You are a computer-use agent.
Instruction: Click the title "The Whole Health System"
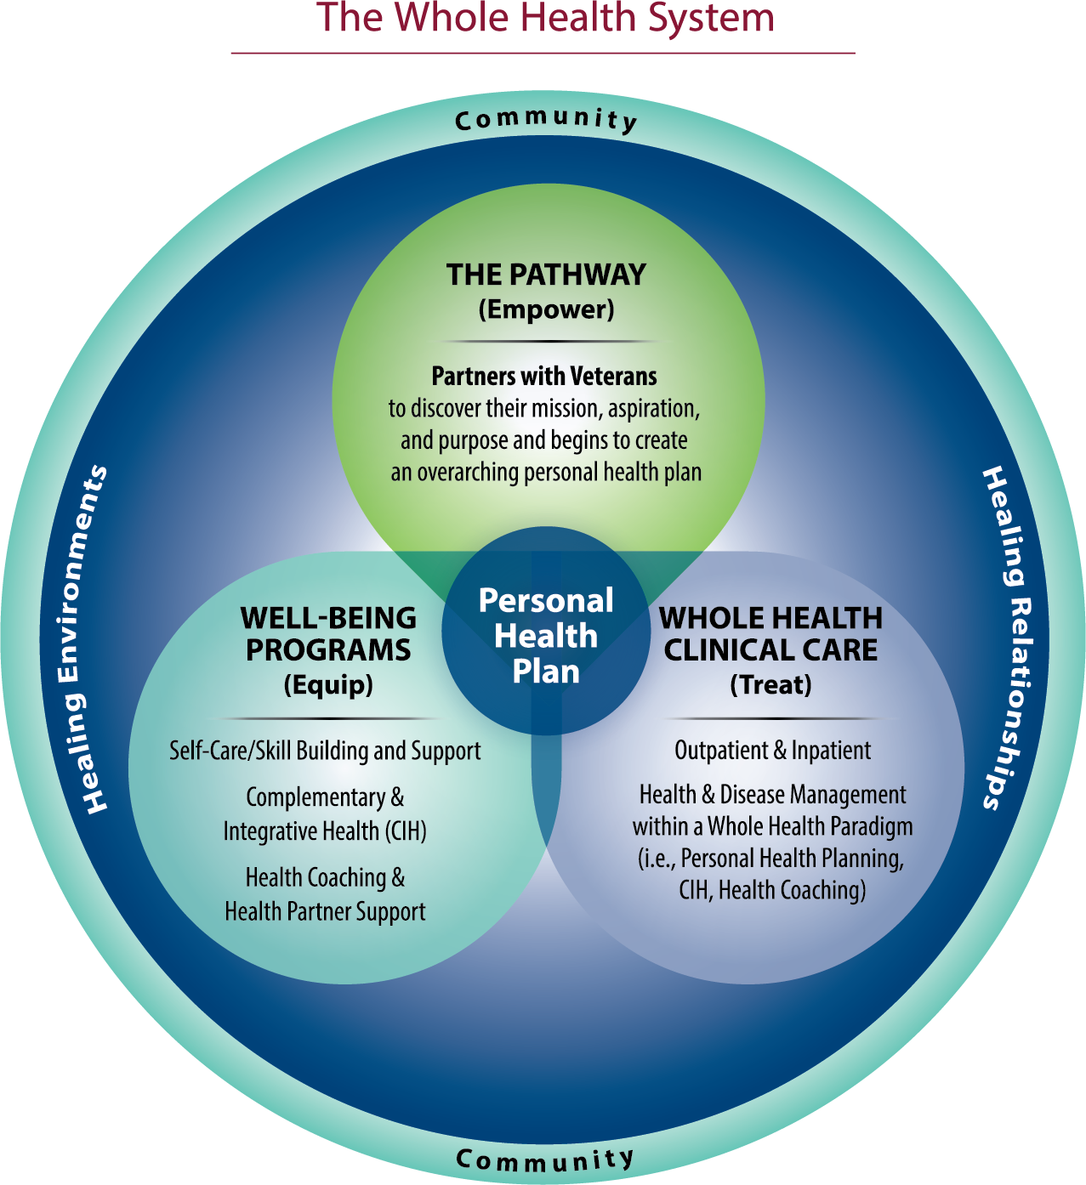coord(545,19)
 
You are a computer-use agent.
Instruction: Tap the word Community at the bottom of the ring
coord(545,1159)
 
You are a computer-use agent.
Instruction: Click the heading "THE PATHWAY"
coord(546,275)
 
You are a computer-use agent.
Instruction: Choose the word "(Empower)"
coord(546,309)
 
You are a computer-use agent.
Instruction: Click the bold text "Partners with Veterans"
coord(544,376)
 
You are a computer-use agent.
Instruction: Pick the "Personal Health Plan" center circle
coord(546,636)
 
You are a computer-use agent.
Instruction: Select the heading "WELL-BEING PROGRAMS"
coord(328,633)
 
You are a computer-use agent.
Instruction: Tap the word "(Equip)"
coord(328,685)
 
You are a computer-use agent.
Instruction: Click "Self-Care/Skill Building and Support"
coord(325,751)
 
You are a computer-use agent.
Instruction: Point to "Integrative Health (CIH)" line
coord(325,831)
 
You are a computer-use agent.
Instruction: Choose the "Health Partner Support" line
coord(325,911)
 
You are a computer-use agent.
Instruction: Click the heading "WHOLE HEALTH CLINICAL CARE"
coord(771,633)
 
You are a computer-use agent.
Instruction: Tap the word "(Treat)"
coord(771,685)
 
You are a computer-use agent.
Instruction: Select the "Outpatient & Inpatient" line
coord(772,751)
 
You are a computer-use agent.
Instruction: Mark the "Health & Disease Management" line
coord(772,795)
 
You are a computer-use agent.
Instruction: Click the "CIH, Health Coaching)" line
coord(772,890)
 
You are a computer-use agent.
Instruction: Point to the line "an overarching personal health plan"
coord(546,473)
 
